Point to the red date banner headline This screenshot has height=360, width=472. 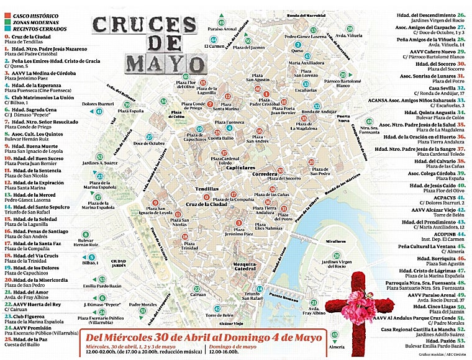coord(205,338)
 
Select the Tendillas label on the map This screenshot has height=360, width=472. coord(207,187)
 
